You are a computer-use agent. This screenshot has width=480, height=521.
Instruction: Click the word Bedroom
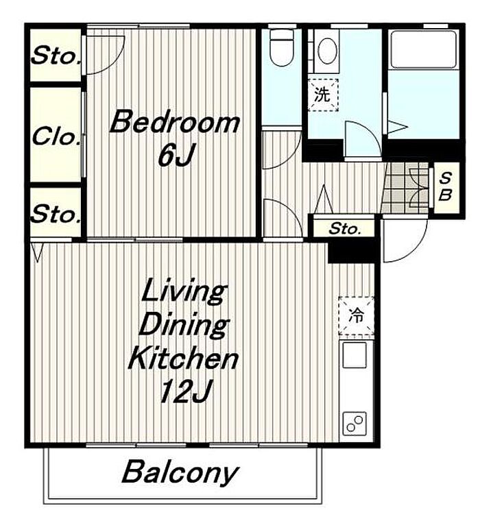[x=175, y=122]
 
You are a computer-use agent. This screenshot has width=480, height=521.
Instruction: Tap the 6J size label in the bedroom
[x=176, y=154]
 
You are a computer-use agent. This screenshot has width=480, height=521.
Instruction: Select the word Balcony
[x=180, y=472]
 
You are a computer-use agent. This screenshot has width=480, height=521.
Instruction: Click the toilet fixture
[x=281, y=47]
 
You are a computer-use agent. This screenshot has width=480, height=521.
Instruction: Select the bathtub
[x=423, y=49]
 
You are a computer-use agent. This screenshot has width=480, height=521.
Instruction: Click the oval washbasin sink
[x=327, y=51]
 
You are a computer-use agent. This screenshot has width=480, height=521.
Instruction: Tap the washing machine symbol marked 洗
[x=323, y=95]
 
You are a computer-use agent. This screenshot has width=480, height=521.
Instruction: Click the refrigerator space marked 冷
[x=356, y=315]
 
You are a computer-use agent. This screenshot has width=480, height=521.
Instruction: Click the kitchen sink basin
[x=355, y=355]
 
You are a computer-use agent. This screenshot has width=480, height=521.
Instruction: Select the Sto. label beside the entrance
[x=344, y=228]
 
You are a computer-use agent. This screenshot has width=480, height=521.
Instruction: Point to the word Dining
[x=184, y=325]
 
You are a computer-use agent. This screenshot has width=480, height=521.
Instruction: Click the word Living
[x=184, y=293]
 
